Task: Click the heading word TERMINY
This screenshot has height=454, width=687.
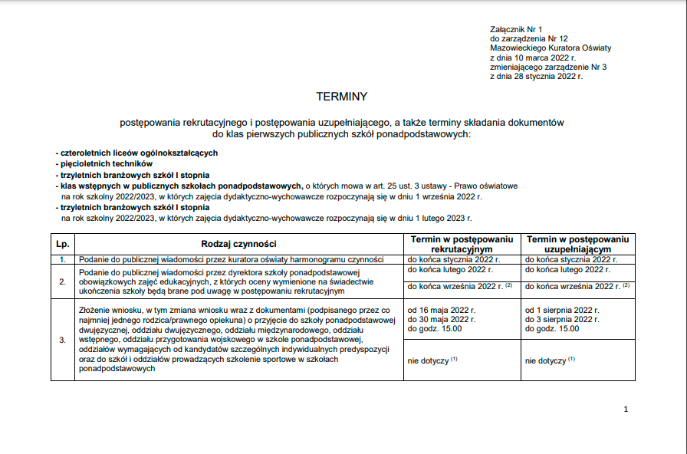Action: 342,97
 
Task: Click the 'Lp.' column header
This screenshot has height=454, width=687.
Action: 63,244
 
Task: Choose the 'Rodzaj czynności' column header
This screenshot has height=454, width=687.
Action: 238,244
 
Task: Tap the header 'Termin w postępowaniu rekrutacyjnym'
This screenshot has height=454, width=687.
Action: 462,244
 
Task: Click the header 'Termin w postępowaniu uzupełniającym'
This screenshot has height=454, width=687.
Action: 577,244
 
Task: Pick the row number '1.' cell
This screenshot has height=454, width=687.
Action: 63,260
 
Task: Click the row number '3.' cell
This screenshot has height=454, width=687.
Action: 63,339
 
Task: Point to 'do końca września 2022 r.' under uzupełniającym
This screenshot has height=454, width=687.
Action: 571,286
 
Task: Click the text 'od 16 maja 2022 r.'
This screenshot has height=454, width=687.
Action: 442,310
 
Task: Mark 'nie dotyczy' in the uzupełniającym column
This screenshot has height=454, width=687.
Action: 547,360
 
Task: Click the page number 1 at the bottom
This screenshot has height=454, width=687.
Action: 626,410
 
